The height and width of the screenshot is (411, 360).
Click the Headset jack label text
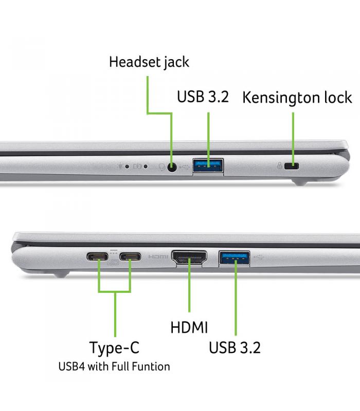click(x=149, y=62)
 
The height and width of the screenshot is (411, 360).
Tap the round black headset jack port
click(x=172, y=167)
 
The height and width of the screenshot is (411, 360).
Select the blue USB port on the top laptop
click(x=208, y=165)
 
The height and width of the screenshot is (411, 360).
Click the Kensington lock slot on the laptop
click(x=292, y=166)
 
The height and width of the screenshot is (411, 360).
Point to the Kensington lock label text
click(x=297, y=98)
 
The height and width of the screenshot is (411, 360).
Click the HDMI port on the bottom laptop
click(x=189, y=258)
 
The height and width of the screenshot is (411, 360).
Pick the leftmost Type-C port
click(x=97, y=256)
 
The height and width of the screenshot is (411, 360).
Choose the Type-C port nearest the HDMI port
click(x=130, y=256)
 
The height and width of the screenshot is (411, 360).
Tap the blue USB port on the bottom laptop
click(x=234, y=258)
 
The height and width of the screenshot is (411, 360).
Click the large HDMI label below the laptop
click(x=189, y=327)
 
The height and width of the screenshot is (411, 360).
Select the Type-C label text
click(x=114, y=348)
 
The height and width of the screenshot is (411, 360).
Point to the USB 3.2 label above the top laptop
click(x=203, y=97)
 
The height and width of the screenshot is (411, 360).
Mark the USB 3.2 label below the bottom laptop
click(x=235, y=348)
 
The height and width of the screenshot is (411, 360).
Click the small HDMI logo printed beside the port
click(x=158, y=256)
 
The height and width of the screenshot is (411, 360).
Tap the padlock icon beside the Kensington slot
click(x=280, y=165)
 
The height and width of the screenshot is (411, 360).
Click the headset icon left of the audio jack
click(x=162, y=166)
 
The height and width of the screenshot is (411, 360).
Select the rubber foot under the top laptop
click(x=300, y=182)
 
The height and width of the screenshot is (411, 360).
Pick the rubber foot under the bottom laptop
click(x=61, y=274)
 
